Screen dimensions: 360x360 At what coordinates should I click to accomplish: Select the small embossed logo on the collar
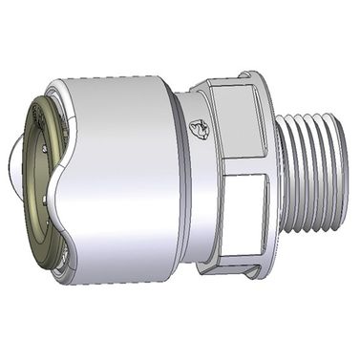tap(198, 127)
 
